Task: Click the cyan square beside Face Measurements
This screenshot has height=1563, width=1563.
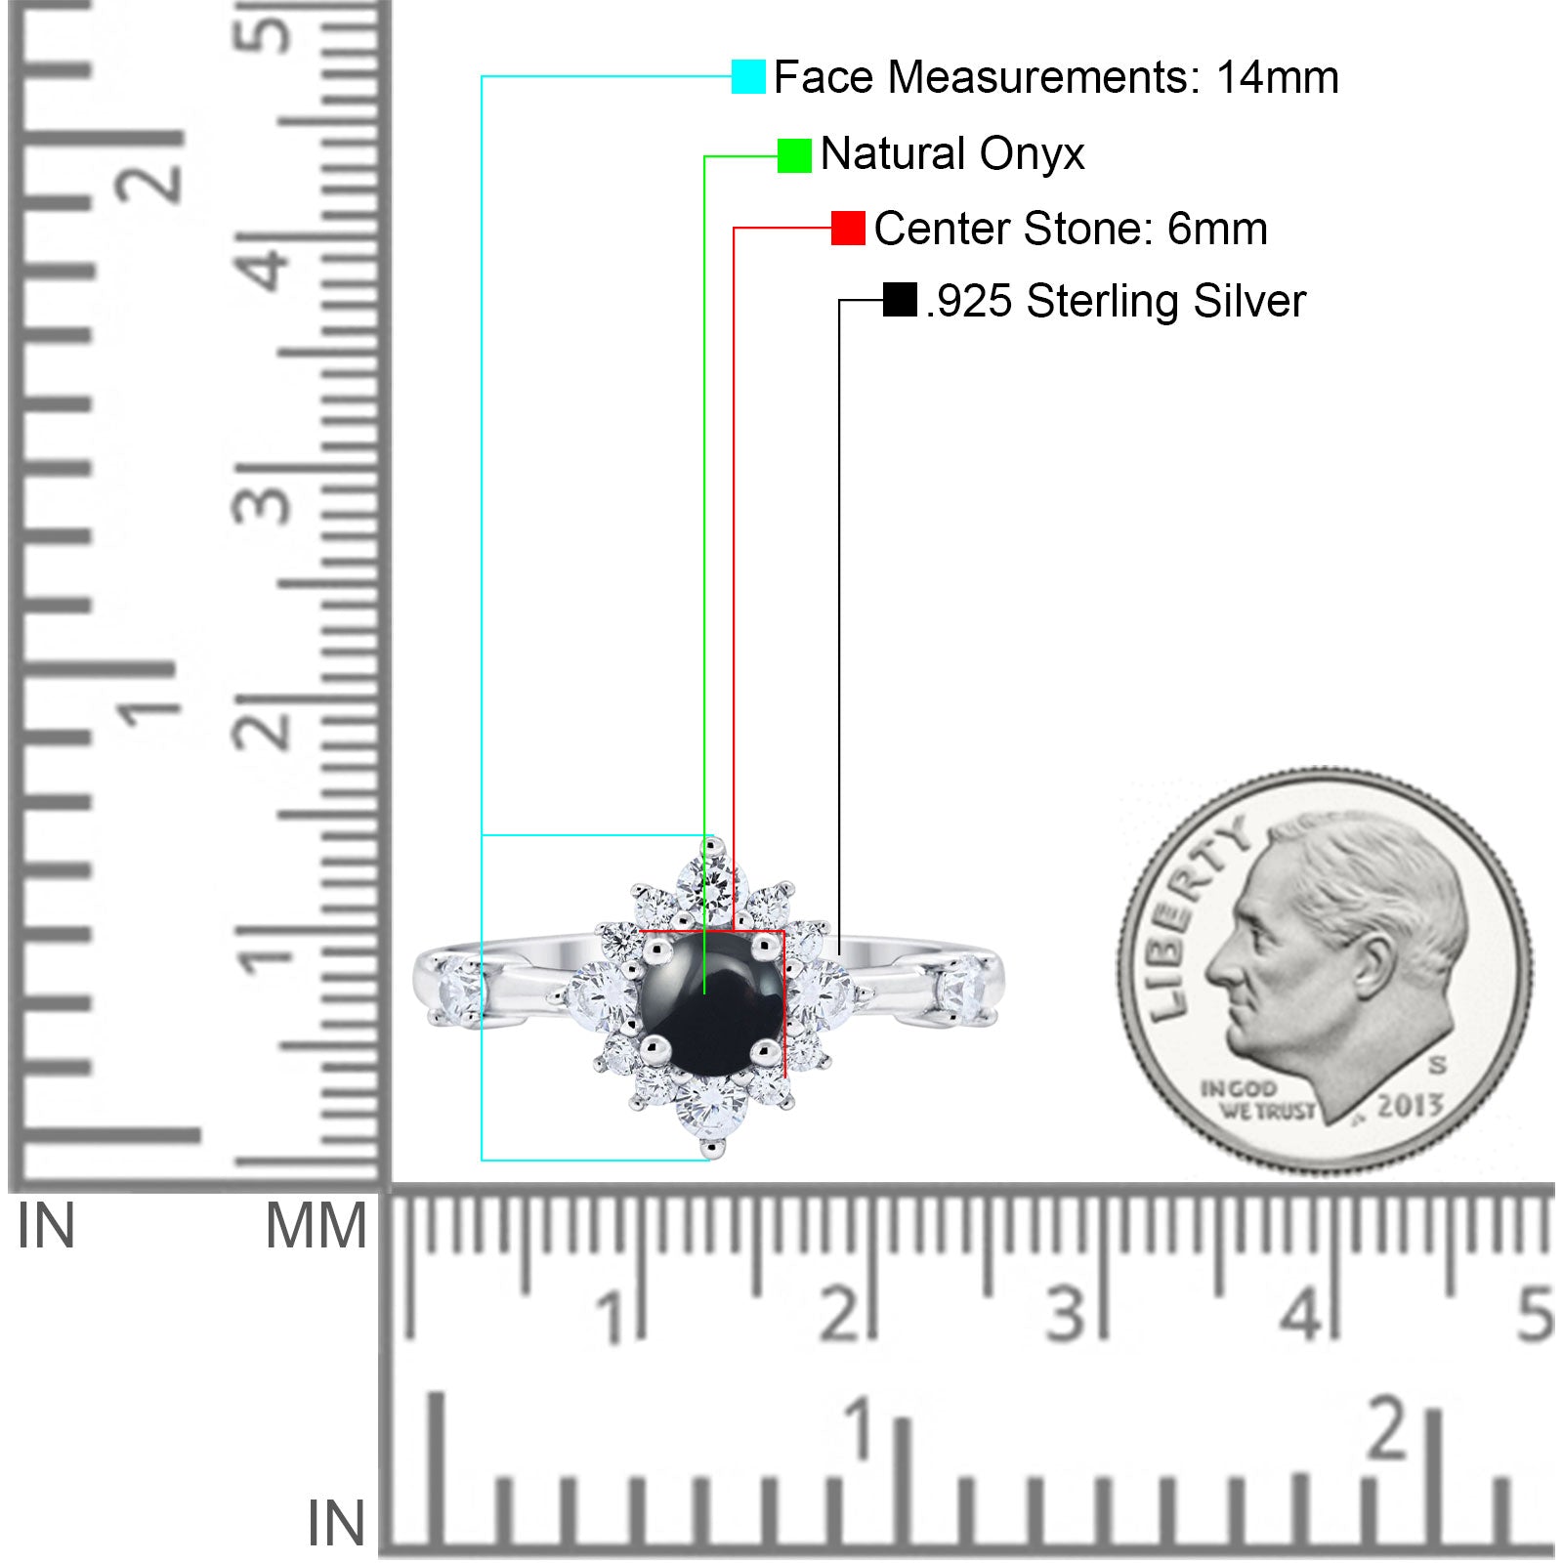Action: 748,76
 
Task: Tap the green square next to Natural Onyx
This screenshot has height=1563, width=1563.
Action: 794,155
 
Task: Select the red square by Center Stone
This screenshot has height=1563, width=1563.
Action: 848,228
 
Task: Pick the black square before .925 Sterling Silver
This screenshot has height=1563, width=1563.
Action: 900,300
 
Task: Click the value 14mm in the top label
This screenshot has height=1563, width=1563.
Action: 1277,77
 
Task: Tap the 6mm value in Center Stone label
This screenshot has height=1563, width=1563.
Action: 1217,229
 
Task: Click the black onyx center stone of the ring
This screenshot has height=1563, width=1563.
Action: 710,1003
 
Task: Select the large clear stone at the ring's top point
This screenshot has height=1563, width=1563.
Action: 712,883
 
